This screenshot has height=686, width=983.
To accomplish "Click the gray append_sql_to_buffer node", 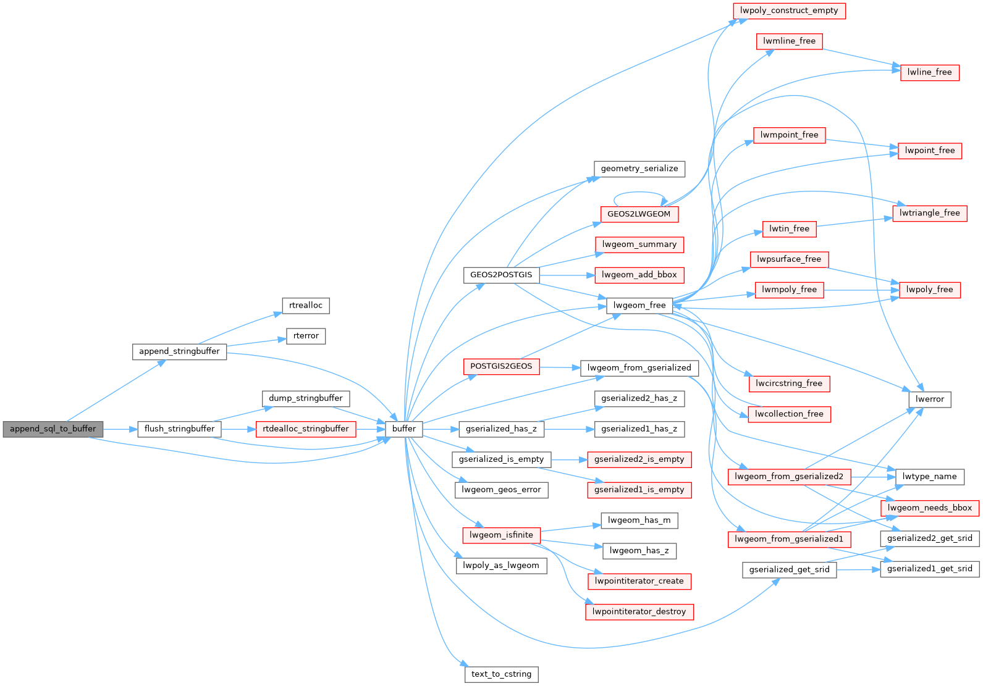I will click(x=53, y=429).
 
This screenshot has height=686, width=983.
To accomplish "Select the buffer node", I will click(x=404, y=429).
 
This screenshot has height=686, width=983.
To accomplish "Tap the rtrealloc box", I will click(x=306, y=305).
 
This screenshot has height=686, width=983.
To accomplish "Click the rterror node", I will click(x=306, y=336).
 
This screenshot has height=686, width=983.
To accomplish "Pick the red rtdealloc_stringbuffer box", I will click(x=306, y=429).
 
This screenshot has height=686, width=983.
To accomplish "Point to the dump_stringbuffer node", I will click(x=306, y=398).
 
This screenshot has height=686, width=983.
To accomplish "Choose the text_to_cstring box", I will click(x=501, y=674).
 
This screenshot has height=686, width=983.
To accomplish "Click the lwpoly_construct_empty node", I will click(x=789, y=10).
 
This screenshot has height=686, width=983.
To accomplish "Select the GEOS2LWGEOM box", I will click(x=639, y=214).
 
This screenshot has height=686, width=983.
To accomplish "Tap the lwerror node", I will click(x=929, y=399).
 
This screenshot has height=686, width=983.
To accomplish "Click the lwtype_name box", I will click(x=929, y=476).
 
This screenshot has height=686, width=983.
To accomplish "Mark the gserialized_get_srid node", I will click(x=789, y=569).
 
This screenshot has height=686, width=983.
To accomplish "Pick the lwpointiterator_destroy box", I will click(x=639, y=611).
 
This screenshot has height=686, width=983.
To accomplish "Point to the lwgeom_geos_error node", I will click(x=501, y=490).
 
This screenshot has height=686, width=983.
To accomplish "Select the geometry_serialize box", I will click(x=639, y=169).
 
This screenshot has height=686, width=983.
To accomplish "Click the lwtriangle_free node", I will click(x=929, y=213).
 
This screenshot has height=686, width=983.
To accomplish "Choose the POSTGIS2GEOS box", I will click(x=501, y=366).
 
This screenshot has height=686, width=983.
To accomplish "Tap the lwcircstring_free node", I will click(x=789, y=383).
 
